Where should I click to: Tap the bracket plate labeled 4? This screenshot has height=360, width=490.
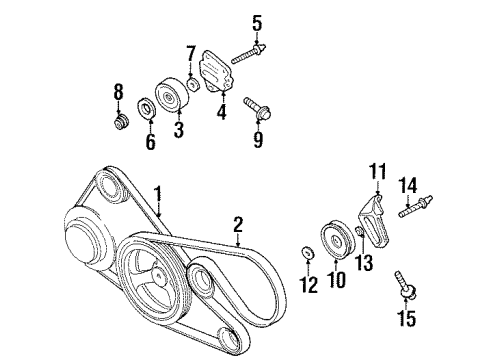point(223,77)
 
